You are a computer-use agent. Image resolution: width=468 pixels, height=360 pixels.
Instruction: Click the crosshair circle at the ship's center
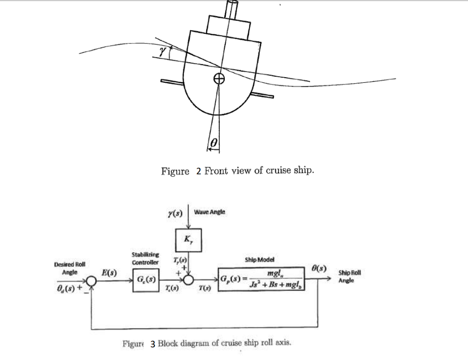(x=220, y=78)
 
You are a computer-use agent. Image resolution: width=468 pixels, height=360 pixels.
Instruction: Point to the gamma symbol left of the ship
(x=161, y=53)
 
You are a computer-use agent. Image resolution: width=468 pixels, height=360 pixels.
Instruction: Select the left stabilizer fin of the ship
(x=172, y=82)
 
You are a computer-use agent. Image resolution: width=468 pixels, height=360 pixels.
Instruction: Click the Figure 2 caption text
(x=237, y=171)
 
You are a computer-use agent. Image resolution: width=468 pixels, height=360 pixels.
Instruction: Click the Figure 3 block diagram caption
(x=206, y=343)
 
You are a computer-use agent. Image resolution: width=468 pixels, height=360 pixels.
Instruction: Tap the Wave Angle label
(x=209, y=212)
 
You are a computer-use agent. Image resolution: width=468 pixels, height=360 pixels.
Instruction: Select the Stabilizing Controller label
(x=145, y=258)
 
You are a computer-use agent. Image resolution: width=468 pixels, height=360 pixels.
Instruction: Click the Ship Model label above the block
(x=260, y=259)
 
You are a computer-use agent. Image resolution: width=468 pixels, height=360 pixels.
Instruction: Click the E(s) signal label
(x=109, y=273)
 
